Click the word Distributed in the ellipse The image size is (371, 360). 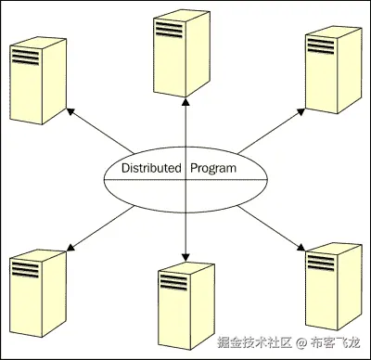(152, 169)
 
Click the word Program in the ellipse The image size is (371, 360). (213, 169)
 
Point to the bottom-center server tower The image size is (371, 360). (185, 299)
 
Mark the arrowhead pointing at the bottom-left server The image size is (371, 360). (71, 245)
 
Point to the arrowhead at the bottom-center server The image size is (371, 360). (185, 257)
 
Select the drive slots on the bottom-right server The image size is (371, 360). (322, 262)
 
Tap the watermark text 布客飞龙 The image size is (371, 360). (336, 341)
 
